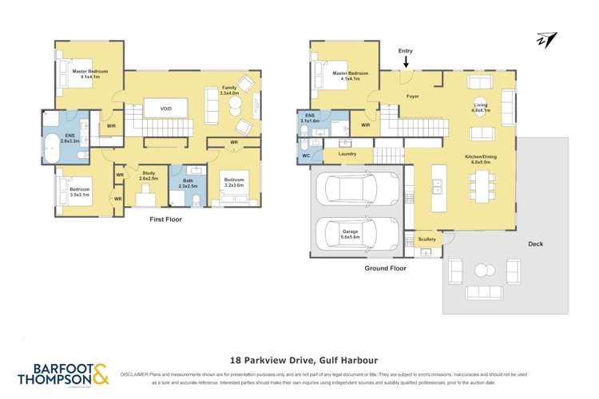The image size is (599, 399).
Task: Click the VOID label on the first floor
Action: (x=165, y=109)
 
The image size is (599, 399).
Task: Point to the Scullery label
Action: (x=426, y=239)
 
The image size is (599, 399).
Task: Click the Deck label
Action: (x=535, y=244)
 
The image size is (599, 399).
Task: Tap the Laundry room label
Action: (x=347, y=153)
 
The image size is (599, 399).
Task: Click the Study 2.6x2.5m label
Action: (x=148, y=175)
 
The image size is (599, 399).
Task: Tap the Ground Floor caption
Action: (x=386, y=268)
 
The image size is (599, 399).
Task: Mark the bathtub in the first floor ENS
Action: (x=53, y=149)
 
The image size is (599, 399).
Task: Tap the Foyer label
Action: (x=412, y=97)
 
